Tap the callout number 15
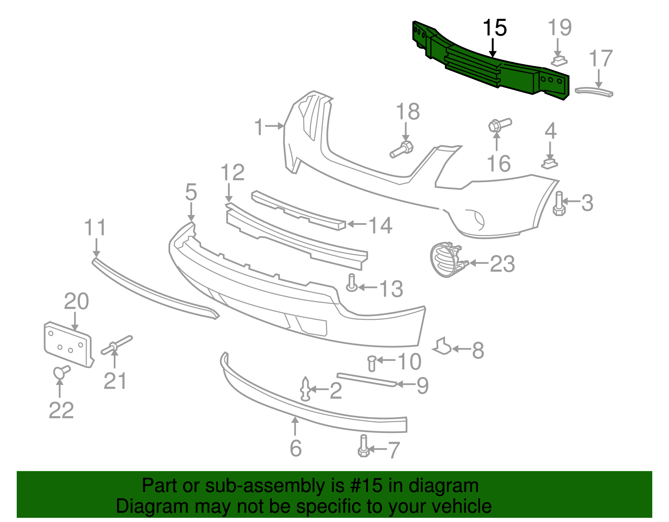click(x=495, y=28)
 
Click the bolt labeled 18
click(x=402, y=150)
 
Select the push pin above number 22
click(x=61, y=372)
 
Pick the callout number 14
click(x=380, y=226)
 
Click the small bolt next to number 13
click(x=352, y=283)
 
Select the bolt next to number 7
click(x=363, y=446)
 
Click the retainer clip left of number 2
click(x=306, y=389)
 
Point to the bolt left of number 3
click(x=559, y=204)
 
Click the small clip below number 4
click(x=550, y=163)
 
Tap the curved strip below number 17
click(x=594, y=92)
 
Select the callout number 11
click(x=95, y=228)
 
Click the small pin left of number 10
click(x=371, y=362)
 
